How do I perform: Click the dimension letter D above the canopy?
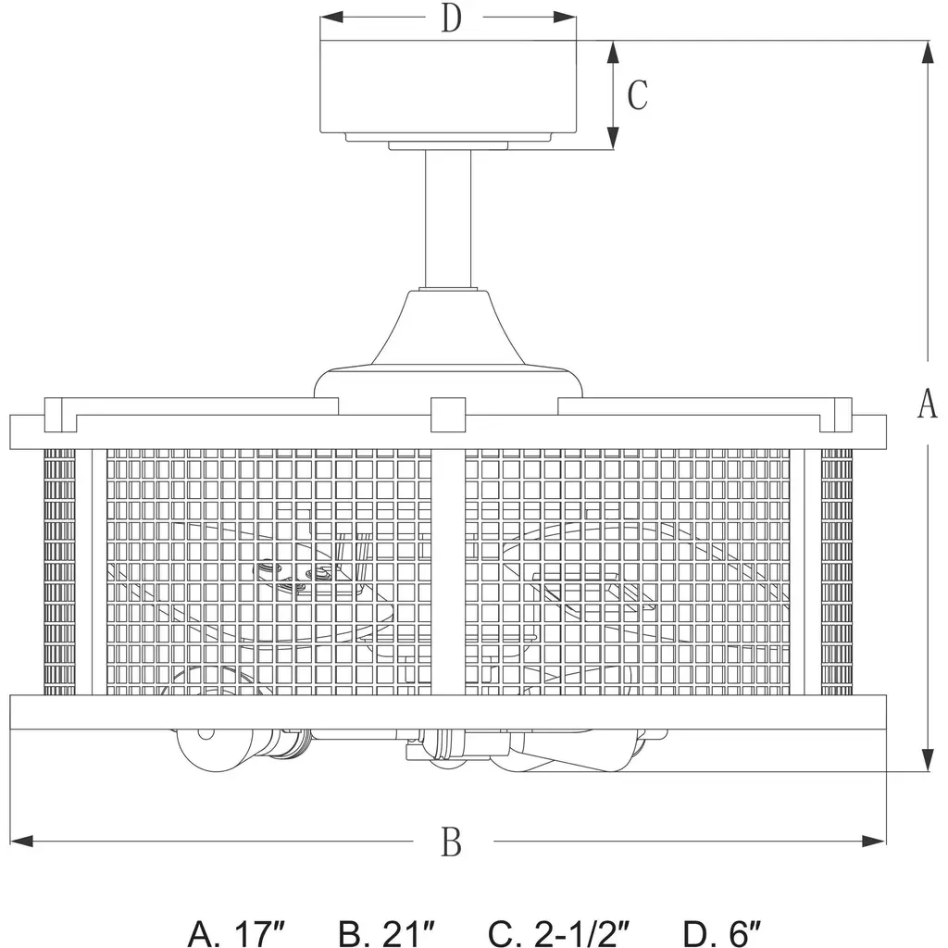click(451, 19)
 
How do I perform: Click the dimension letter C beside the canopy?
click(637, 94)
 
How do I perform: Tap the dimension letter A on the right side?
click(928, 404)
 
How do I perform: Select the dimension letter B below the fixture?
click(452, 842)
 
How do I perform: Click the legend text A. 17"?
click(236, 934)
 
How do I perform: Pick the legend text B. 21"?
click(386, 934)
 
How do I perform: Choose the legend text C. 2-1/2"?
click(559, 934)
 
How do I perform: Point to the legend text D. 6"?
click(722, 934)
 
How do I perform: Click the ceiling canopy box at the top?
click(448, 86)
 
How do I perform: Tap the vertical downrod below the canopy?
click(448, 218)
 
